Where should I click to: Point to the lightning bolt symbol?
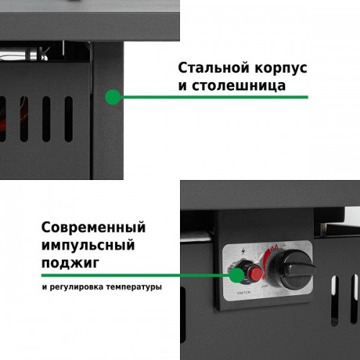pos(243,251)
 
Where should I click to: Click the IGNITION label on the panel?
pos(243,292)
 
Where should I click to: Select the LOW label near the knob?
pos(265,287)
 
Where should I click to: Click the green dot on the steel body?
pos(113,97)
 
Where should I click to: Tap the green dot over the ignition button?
pos(236,275)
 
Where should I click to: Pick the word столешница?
pos(239,86)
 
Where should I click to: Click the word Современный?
pos(94,227)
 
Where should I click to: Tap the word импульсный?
pos(88,245)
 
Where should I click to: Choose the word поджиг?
pos(71,263)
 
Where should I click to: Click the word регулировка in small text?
pos(76,287)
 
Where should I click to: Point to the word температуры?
pos(134,287)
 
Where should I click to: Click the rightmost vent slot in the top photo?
pos(68,119)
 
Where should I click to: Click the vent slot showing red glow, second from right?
pos(24,119)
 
